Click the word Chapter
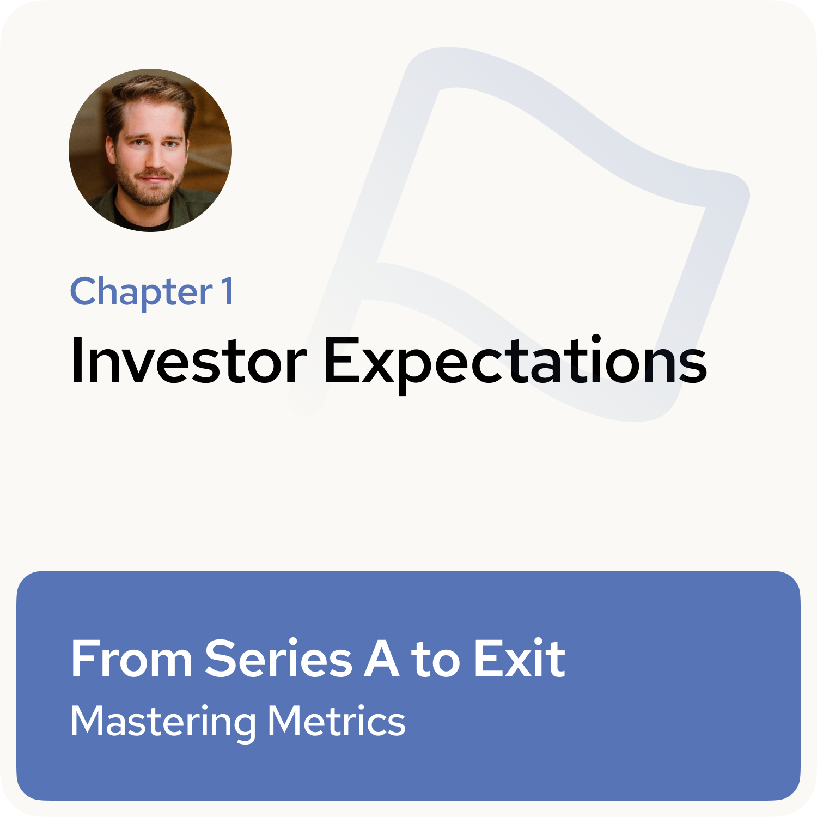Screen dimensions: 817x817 click(x=141, y=292)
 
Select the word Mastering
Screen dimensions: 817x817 click(x=163, y=722)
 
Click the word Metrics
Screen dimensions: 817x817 click(x=337, y=721)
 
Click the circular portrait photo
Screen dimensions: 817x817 click(x=150, y=150)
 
